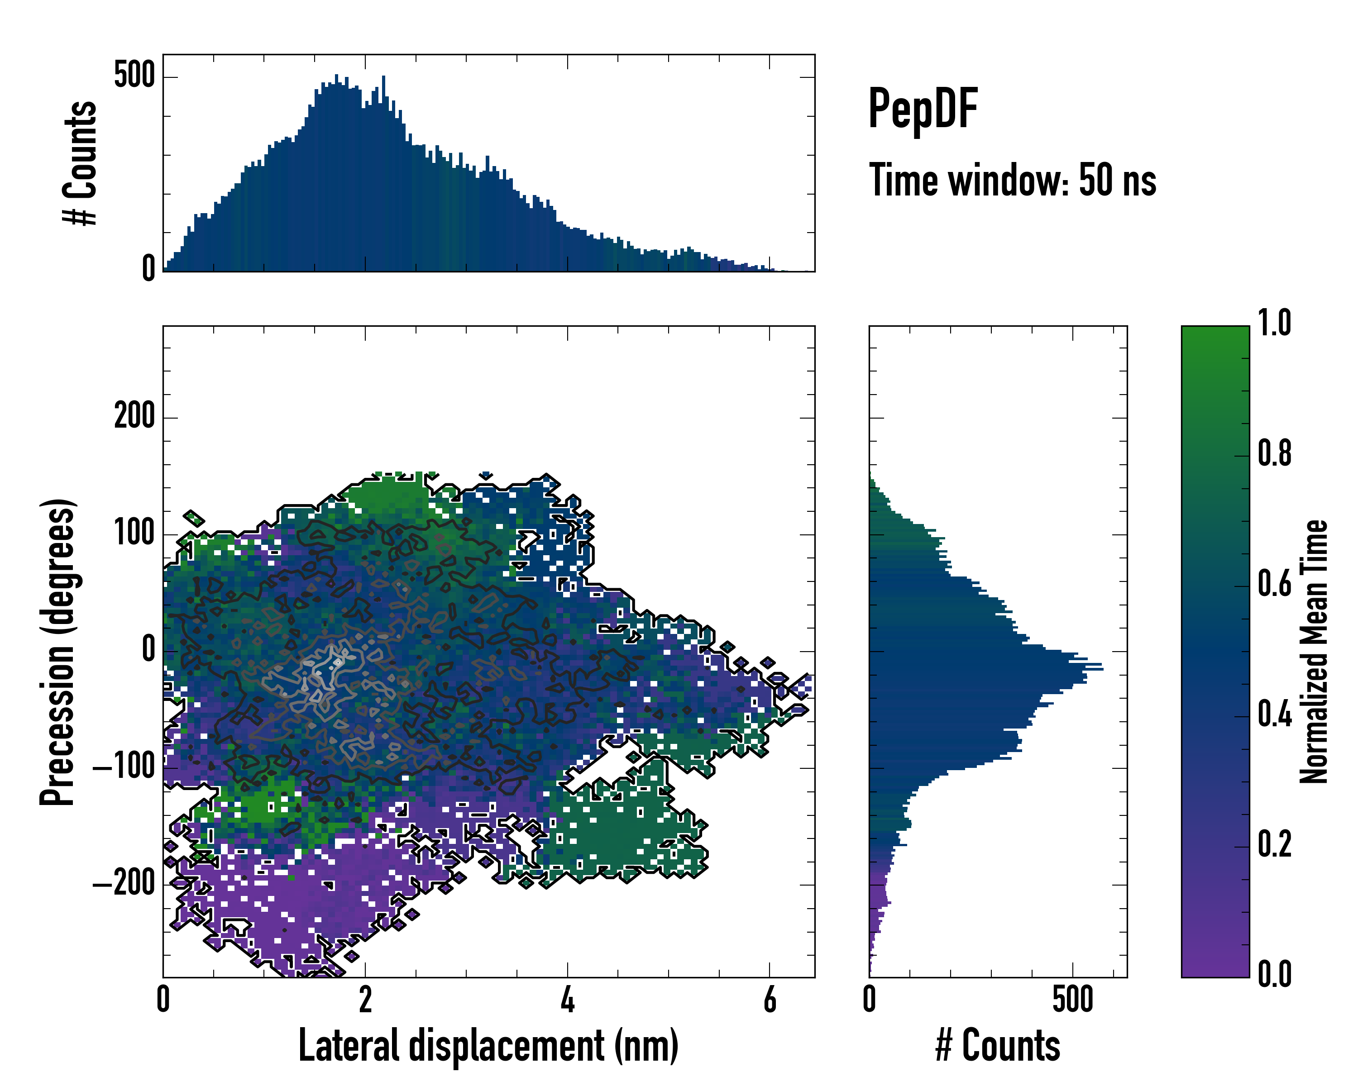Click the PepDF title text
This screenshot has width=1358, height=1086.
(x=923, y=110)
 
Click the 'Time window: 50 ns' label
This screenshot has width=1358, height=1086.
(x=1012, y=181)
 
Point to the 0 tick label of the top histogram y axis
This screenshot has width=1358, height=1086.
(x=148, y=268)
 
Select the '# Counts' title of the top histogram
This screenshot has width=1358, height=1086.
(x=81, y=162)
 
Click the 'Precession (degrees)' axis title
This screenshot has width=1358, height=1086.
(x=58, y=652)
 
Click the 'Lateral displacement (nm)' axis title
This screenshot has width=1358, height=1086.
(x=488, y=1046)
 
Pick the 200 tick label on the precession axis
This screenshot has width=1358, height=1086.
(x=134, y=417)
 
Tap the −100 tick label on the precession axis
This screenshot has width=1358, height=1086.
(x=124, y=767)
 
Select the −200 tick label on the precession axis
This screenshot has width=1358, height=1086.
(x=124, y=884)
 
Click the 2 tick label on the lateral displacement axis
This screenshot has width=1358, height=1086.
(x=365, y=1000)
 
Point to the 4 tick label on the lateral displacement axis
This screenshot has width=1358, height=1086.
(x=568, y=1000)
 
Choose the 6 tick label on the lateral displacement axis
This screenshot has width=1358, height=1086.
(x=770, y=1000)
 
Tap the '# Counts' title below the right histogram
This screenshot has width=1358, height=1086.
(x=998, y=1046)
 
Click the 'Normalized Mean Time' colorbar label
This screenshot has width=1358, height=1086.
(x=1315, y=652)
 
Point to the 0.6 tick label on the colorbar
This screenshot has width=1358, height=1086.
(x=1275, y=584)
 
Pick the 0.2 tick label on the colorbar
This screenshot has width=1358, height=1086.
(x=1275, y=845)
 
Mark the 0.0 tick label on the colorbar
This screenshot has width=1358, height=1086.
(x=1275, y=975)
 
